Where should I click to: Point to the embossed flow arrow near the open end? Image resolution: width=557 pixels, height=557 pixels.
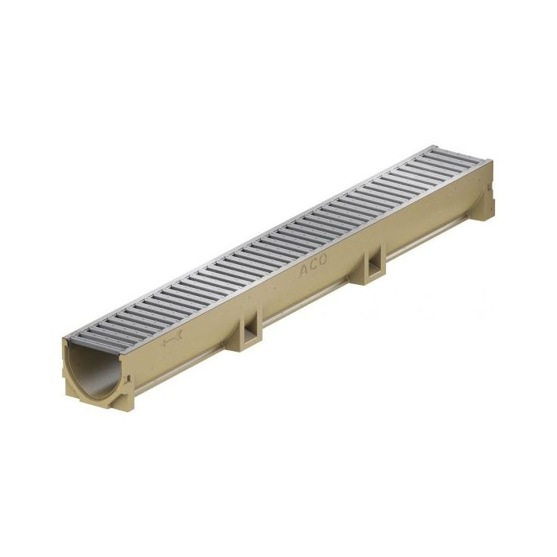click(173, 342)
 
